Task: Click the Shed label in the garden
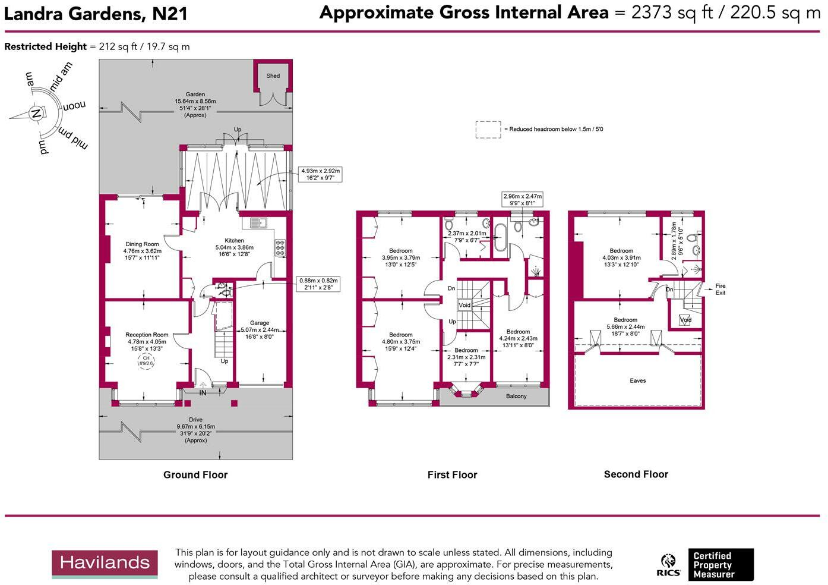273,76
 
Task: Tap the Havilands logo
105,563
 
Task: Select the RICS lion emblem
668,564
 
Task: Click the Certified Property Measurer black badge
720,565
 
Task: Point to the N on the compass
36,114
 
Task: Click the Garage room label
260,323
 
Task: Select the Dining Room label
143,244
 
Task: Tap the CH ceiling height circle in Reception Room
146,361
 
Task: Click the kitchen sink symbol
258,223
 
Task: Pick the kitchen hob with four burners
279,248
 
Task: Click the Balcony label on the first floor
516,397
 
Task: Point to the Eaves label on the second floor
637,381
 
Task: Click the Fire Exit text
720,290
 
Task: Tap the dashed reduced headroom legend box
488,130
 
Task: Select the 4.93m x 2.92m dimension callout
321,174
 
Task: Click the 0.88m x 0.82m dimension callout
318,284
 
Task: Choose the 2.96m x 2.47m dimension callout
522,200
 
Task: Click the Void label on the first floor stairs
464,306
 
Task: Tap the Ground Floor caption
195,475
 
